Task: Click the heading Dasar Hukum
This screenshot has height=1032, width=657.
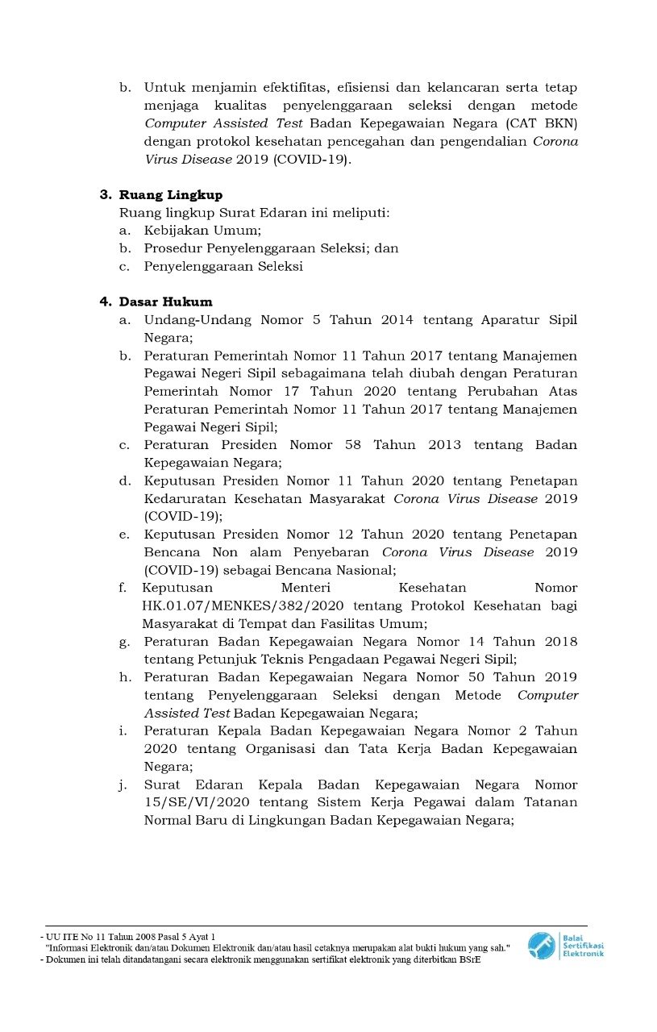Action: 166,302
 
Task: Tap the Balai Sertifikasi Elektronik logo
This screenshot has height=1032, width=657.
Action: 565,944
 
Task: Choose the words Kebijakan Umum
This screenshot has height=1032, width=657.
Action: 195,231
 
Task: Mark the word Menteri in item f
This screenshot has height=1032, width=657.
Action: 306,589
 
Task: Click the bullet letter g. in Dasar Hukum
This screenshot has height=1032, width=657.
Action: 125,642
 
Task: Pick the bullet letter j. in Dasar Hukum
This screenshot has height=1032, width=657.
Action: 125,785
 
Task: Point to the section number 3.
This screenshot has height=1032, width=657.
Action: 105,195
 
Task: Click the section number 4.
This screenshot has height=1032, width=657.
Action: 105,302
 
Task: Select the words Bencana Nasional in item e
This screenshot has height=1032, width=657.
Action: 343,571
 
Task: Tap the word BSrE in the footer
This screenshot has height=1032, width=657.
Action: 469,959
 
